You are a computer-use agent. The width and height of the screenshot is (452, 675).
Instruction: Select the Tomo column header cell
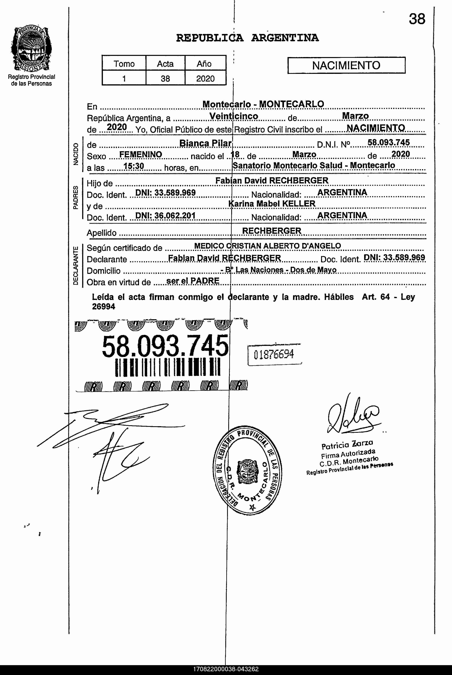[x=124, y=64]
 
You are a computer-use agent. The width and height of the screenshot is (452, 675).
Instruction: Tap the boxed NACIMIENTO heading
[x=346, y=65]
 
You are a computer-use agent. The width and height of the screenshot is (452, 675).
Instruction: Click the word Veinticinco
[x=233, y=116]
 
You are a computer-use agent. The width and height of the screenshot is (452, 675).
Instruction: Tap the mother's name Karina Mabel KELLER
[x=272, y=204]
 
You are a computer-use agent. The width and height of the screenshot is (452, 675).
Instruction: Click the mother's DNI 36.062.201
[x=165, y=215]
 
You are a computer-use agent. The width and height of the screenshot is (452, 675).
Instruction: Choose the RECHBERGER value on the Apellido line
[x=272, y=231]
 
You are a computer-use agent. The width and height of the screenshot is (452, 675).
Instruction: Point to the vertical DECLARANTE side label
[x=75, y=266]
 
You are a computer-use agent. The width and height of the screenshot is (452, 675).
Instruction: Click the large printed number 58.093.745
[x=165, y=346]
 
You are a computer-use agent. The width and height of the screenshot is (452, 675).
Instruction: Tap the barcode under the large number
[x=167, y=367]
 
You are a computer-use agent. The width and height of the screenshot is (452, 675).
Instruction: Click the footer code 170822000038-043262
[x=226, y=669]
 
